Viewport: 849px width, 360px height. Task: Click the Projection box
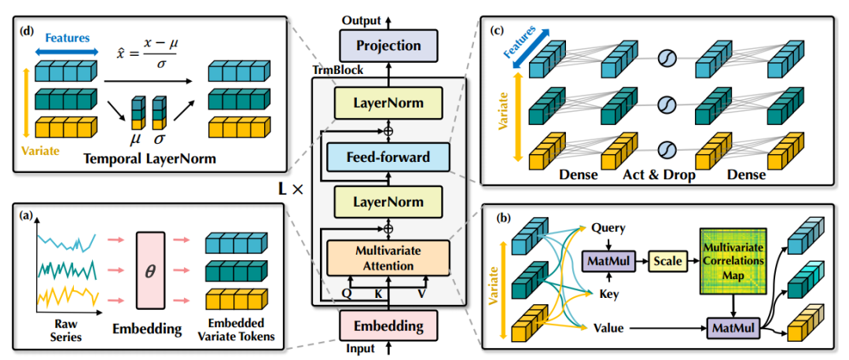coord(388,46)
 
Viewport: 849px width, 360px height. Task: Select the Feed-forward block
coord(388,157)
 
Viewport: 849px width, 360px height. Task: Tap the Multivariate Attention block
coord(388,258)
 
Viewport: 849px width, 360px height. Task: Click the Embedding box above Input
coord(388,326)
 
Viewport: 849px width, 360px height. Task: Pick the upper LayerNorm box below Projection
coord(388,101)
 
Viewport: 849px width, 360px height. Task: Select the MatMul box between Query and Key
coord(608,261)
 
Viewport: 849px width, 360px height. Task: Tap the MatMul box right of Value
coord(733,327)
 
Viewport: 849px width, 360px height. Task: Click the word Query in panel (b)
coord(608,229)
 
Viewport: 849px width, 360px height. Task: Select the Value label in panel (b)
coord(608,328)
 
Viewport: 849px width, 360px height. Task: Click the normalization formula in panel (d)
coord(145,53)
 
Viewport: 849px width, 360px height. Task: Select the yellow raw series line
coord(67,296)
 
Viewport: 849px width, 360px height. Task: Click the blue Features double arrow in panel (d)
coord(68,51)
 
